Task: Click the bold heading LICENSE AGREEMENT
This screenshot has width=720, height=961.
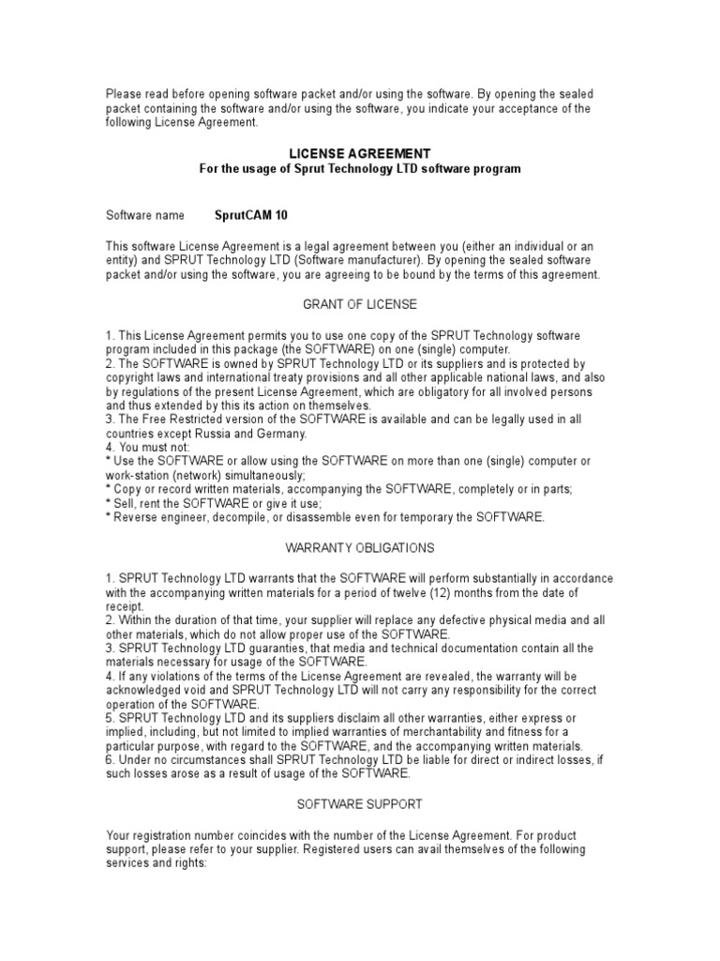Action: pos(360,153)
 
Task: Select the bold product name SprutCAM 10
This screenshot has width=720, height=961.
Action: pos(251,215)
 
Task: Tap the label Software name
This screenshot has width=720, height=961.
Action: pos(145,215)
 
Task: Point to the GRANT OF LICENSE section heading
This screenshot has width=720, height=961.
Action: pos(360,305)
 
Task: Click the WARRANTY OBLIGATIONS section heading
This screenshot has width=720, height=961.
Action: pos(360,547)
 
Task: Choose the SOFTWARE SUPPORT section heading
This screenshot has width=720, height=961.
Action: pos(360,804)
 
